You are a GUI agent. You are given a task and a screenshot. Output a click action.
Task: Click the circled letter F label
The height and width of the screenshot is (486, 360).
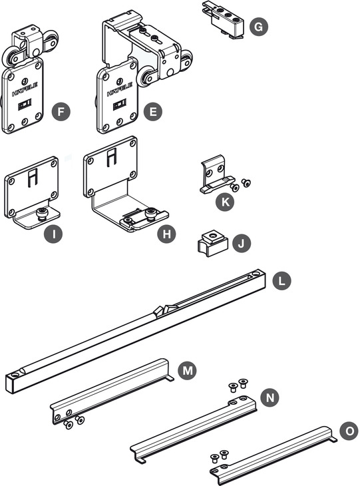coord(62,111)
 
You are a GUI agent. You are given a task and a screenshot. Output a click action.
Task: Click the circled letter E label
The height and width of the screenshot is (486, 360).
coord(153,111)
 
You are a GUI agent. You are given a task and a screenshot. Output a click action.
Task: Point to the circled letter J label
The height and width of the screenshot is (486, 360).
coord(242,244)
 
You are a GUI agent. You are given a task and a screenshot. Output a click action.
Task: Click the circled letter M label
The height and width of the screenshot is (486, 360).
coord(188,369)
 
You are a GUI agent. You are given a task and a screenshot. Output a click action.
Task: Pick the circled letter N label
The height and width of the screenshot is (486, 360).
coord(270,397)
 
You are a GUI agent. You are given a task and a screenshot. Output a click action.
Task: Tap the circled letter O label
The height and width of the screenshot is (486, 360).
coord(347,431)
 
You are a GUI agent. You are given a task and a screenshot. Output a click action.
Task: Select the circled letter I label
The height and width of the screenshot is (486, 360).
coord(53,235)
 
